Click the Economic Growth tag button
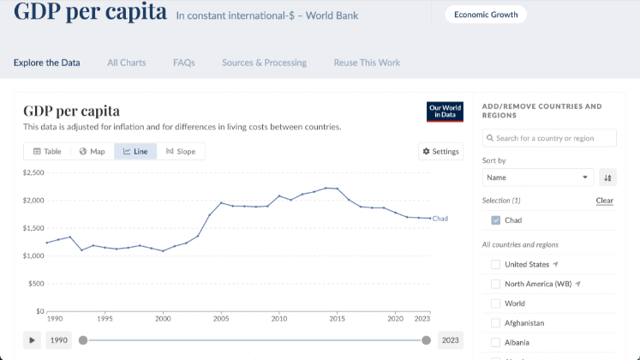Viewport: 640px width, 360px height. click(x=486, y=15)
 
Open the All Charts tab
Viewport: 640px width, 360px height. click(x=127, y=63)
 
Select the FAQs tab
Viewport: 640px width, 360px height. click(x=184, y=63)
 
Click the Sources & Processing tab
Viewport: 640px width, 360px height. click(x=264, y=63)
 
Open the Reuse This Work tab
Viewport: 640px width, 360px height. click(x=367, y=63)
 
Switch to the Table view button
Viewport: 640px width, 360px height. click(x=47, y=152)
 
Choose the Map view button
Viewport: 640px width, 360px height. click(x=92, y=152)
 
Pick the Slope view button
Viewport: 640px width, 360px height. click(x=181, y=152)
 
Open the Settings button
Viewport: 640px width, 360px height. click(x=440, y=152)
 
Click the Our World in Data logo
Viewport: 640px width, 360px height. click(x=445, y=112)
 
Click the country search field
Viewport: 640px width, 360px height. click(x=549, y=138)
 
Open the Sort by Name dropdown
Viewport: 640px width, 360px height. click(x=538, y=177)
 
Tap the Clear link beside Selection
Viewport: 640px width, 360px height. click(x=605, y=201)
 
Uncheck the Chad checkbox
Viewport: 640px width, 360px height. click(x=496, y=220)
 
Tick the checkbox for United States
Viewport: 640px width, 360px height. click(x=496, y=264)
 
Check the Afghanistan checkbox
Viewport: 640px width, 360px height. click(x=496, y=323)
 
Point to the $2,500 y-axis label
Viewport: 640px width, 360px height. click(x=33, y=173)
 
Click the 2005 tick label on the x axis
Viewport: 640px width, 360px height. click(x=221, y=318)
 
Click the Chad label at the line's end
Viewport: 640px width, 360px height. click(x=440, y=219)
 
